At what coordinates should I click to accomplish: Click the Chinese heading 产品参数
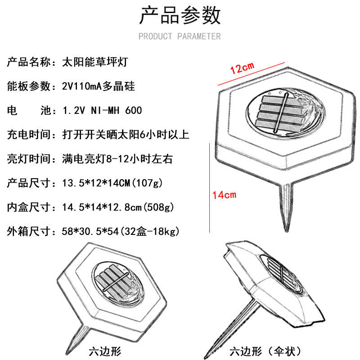tap(180, 16)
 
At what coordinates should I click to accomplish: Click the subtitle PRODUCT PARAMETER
tap(180, 36)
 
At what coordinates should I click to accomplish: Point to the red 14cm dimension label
tap(225, 195)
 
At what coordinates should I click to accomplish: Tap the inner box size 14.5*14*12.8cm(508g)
tap(117, 207)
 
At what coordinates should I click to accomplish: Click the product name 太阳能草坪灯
tap(97, 62)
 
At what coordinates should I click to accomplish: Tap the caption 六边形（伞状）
tap(265, 351)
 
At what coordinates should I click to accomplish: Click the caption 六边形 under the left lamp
tap(105, 351)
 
